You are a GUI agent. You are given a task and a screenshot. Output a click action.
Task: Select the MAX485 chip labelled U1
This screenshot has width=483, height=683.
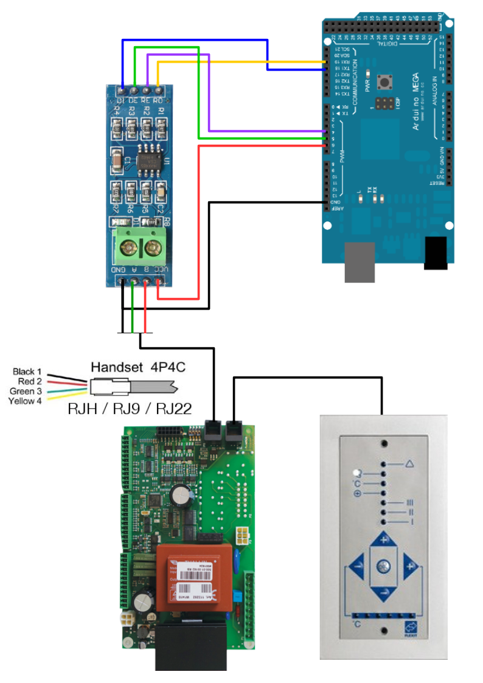(x=146, y=161)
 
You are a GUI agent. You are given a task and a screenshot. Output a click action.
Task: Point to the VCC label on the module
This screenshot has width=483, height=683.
(x=160, y=269)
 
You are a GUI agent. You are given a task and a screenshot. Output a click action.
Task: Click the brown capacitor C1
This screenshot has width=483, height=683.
(x=116, y=161)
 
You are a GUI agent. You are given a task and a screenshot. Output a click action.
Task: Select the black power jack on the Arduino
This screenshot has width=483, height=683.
(x=436, y=253)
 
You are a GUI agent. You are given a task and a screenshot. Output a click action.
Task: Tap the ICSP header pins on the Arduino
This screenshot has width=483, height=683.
(x=384, y=104)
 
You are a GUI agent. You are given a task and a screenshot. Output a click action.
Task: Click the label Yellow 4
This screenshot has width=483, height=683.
(x=25, y=401)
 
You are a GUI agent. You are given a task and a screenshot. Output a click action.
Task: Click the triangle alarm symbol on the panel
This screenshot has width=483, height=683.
(x=409, y=464)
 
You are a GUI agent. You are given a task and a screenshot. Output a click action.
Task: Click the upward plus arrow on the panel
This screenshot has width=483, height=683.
(x=383, y=540)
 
